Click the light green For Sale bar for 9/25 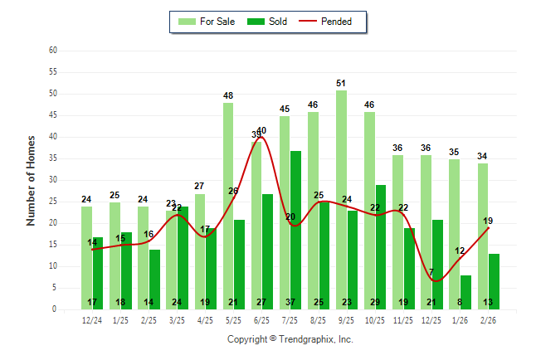[x=342, y=199]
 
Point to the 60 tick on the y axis [x=53, y=51]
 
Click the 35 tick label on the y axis [x=53, y=158]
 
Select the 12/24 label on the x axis [x=92, y=319]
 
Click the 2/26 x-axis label [x=489, y=319]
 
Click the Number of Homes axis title [x=32, y=180]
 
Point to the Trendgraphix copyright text [x=290, y=339]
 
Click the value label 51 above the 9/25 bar [x=342, y=83]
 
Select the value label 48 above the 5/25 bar [x=228, y=96]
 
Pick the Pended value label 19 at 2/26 [x=489, y=221]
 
